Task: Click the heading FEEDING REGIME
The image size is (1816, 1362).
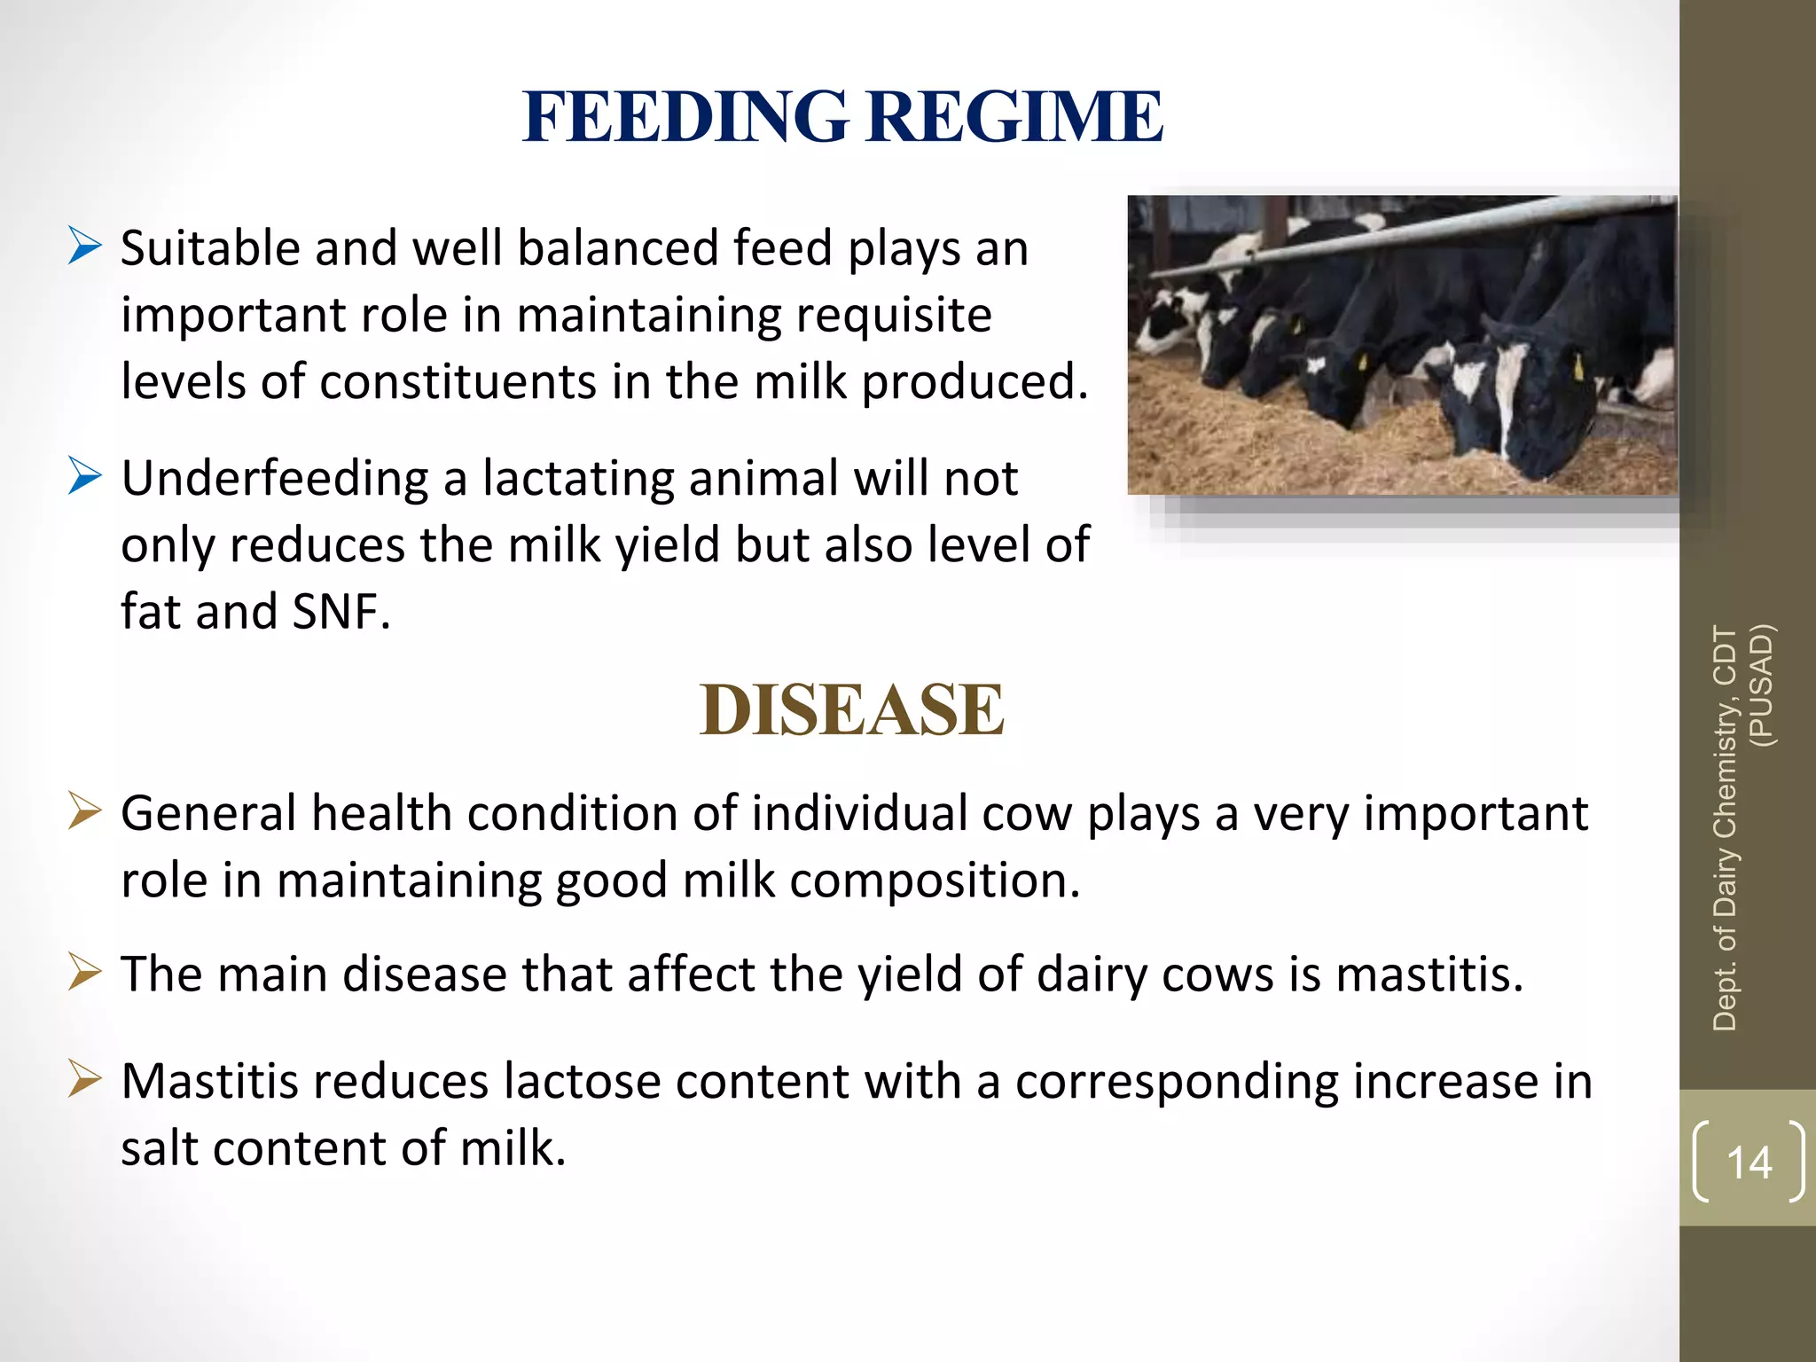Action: point(842,117)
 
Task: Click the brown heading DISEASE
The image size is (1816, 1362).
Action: point(851,710)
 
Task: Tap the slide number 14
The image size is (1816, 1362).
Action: point(1749,1162)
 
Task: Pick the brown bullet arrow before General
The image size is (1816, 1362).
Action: point(85,811)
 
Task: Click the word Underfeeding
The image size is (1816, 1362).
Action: point(275,479)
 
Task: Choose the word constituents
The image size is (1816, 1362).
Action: point(457,382)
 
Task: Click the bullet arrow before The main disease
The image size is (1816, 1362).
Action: point(85,972)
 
